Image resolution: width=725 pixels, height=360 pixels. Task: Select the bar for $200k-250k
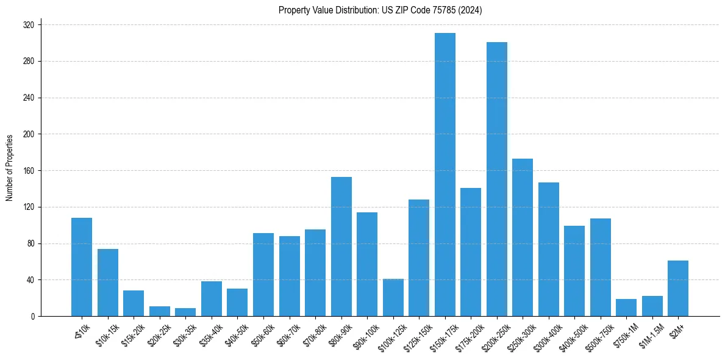pyautogui.click(x=496, y=179)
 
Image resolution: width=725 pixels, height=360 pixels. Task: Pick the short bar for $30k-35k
pyautogui.click(x=185, y=312)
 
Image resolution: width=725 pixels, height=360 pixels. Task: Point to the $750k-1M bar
pyautogui.click(x=626, y=308)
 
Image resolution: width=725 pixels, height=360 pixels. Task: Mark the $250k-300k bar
pyautogui.click(x=522, y=237)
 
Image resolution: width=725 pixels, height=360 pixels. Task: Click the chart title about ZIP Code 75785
pyautogui.click(x=380, y=10)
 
